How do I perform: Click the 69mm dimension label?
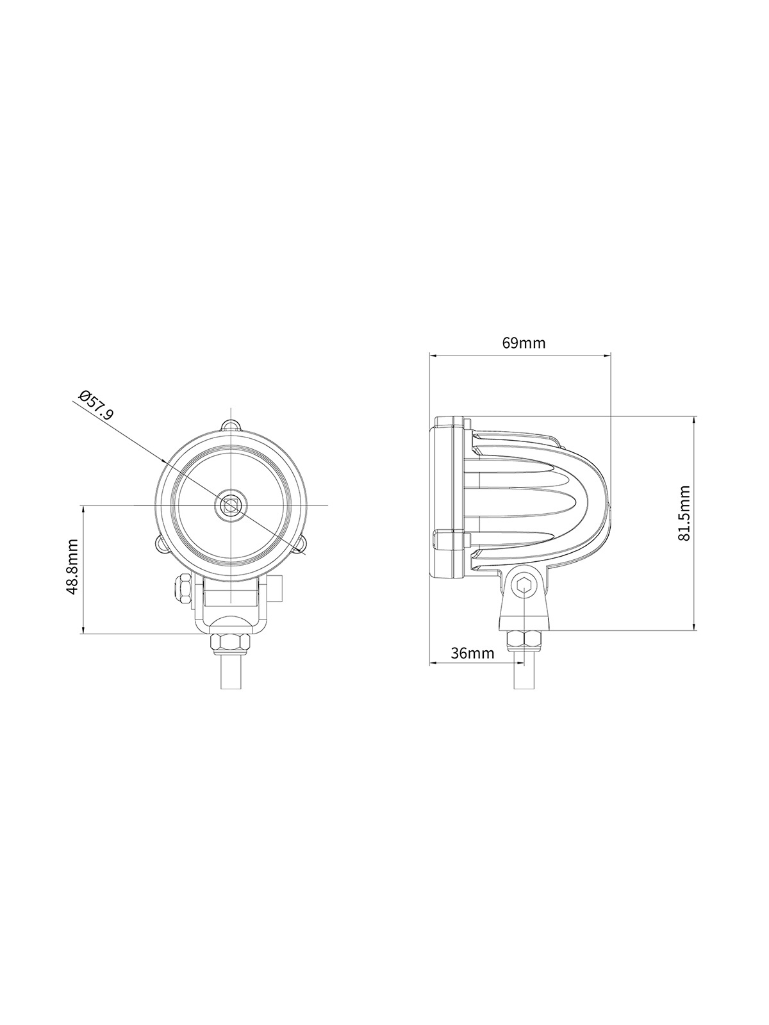524,343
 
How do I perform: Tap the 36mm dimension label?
472,653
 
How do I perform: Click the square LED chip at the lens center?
231,505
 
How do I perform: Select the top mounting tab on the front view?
231,424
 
